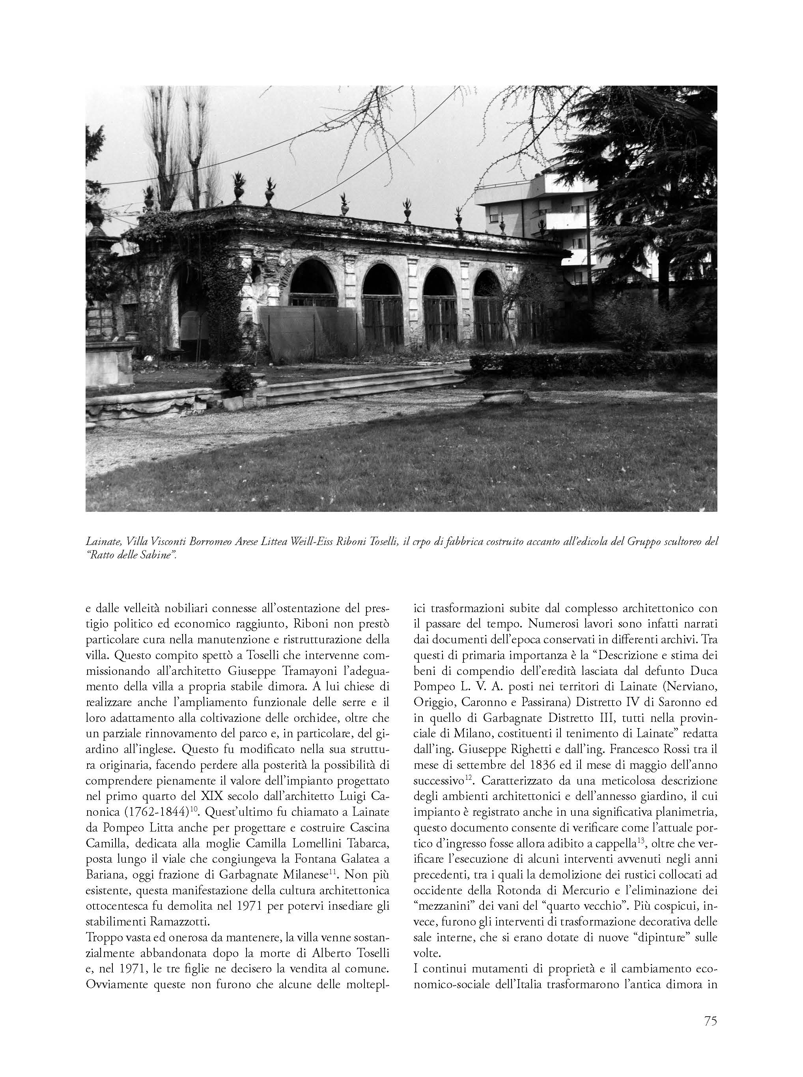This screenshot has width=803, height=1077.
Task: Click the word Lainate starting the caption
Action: click(x=102, y=541)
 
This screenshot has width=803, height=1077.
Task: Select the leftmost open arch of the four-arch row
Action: click(x=314, y=287)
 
